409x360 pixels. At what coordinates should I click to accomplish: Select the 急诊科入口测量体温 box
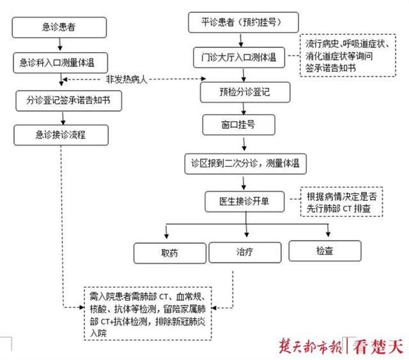click(61, 63)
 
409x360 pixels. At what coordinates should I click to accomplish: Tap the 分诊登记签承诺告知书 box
click(68, 100)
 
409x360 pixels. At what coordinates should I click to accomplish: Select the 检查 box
click(324, 251)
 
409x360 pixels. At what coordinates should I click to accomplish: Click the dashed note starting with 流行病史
click(341, 56)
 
